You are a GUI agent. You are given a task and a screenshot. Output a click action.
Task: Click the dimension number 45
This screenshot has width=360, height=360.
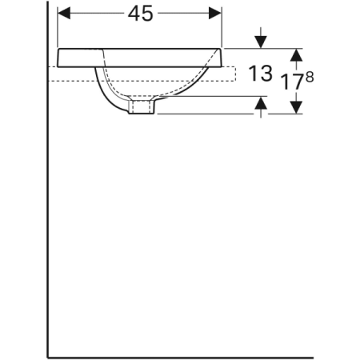(x=141, y=14)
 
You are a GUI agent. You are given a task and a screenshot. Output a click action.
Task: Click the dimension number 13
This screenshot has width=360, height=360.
(x=262, y=74)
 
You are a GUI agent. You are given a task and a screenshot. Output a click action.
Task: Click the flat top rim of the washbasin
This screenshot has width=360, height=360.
(x=136, y=49)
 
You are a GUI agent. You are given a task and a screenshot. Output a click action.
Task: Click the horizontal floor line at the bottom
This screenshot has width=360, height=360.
(x=184, y=354)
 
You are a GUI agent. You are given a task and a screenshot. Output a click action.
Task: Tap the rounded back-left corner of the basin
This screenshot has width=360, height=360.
(x=60, y=53)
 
